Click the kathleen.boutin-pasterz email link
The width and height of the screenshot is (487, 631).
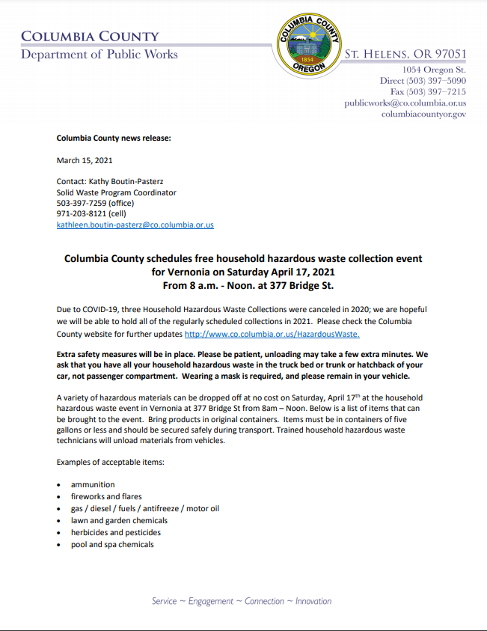click(x=135, y=225)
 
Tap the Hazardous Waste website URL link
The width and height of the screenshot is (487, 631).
click(x=272, y=334)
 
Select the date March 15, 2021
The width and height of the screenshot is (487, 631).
click(x=85, y=160)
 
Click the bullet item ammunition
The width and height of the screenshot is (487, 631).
click(x=93, y=484)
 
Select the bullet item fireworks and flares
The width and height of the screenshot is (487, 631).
click(x=106, y=496)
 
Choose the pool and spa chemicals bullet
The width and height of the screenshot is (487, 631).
click(x=112, y=544)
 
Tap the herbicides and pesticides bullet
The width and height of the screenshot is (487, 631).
click(x=116, y=532)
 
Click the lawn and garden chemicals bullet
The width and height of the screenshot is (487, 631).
click(x=119, y=520)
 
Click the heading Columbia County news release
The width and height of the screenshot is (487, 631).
click(x=114, y=138)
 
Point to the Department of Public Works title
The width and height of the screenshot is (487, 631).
click(x=99, y=54)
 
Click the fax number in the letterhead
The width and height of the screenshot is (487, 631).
click(x=428, y=91)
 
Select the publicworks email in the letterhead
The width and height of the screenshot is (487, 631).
click(x=405, y=103)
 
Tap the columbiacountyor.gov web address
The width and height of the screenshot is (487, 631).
click(x=423, y=114)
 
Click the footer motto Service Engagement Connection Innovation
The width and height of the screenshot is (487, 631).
click(x=242, y=601)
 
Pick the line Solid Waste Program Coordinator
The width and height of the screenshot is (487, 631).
click(x=117, y=192)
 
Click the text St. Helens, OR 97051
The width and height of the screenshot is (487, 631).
click(x=405, y=54)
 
